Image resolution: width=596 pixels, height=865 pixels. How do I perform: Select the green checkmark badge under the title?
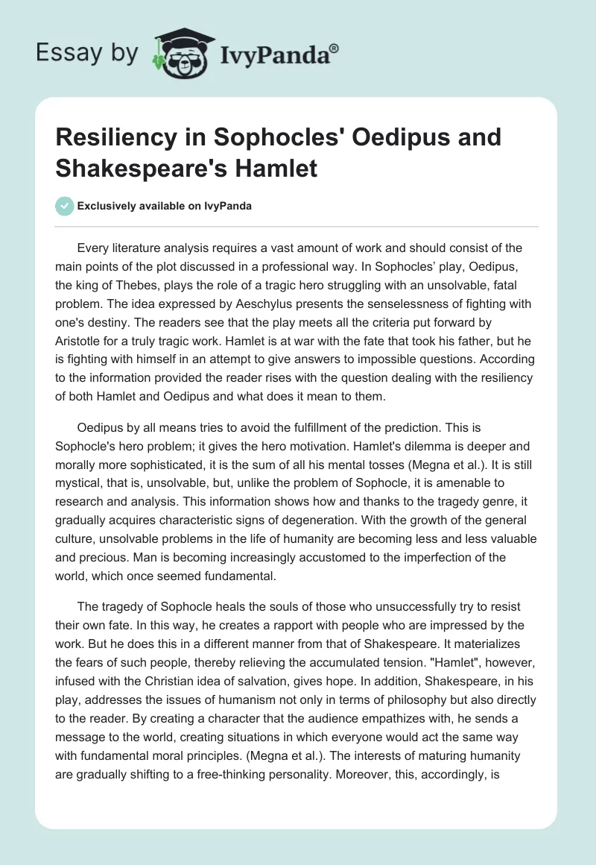[64, 206]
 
